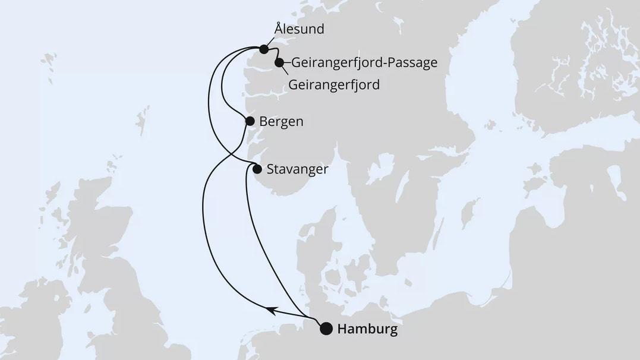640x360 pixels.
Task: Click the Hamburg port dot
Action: pos(326,329)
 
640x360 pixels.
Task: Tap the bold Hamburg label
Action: pos(367,329)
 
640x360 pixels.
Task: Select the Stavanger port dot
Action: pos(257,169)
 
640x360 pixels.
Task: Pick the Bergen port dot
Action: pos(250,121)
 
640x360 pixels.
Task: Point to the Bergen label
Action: pos(282,121)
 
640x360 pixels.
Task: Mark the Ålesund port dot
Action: pos(264,49)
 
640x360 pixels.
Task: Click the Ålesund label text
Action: pos(299,29)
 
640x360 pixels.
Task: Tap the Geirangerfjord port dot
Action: pos(279,62)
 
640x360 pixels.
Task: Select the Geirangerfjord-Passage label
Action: pos(364,62)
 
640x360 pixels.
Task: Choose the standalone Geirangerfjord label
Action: pos(334,84)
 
